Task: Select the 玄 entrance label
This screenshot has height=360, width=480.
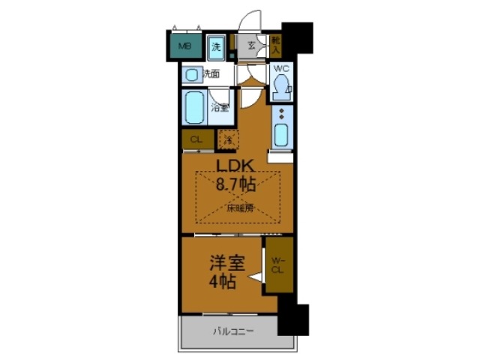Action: pos(252,46)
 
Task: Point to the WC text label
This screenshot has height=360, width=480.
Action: pos(280,70)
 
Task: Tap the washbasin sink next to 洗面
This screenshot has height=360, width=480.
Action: pos(192,74)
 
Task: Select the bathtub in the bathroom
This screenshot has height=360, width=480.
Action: pos(195,108)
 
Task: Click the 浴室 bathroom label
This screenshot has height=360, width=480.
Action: pos(220,107)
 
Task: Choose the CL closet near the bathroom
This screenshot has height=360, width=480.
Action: pos(196,139)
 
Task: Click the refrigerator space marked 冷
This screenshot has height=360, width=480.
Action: pos(226,139)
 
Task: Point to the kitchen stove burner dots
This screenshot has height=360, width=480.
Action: pos(281,114)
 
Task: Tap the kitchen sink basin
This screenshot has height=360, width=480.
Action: pos(281,136)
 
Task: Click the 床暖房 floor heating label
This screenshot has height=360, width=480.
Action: pos(239,209)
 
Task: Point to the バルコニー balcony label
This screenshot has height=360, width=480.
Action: pos(233,331)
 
